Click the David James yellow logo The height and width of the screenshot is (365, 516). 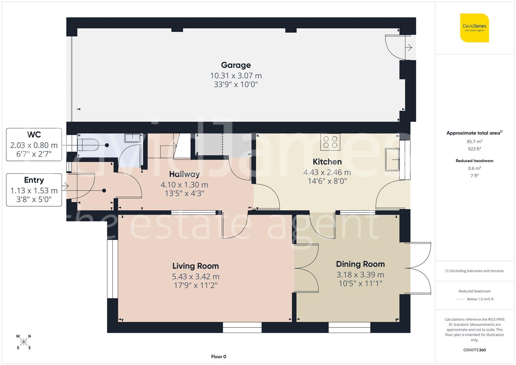[474, 28]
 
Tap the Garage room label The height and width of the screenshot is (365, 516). [236, 65]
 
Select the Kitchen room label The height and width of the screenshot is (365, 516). [327, 162]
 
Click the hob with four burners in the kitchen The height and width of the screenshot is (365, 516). [330, 142]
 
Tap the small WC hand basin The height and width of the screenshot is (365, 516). [132, 138]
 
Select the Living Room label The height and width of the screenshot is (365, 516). [195, 266]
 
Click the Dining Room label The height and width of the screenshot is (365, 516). [360, 264]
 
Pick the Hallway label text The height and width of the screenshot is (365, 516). [184, 174]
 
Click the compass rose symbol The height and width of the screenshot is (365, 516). [24, 342]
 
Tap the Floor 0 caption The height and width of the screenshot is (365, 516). [218, 357]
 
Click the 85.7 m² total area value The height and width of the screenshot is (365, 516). [474, 142]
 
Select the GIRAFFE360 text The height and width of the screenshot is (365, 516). [474, 350]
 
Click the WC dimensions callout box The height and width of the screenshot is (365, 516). [34, 145]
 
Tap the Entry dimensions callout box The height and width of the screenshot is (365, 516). [34, 190]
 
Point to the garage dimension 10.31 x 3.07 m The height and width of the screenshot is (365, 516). [236, 76]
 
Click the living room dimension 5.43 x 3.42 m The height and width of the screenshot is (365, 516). [195, 276]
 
